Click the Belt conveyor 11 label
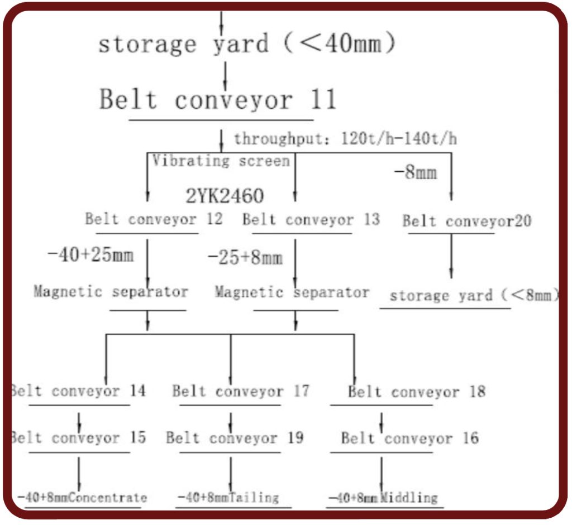(x=218, y=100)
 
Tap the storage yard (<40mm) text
(x=246, y=44)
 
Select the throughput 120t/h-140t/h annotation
(x=345, y=138)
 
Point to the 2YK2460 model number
(x=225, y=196)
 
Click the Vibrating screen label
(x=221, y=161)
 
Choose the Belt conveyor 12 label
(x=153, y=219)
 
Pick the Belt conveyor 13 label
(x=311, y=219)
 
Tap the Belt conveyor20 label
(x=467, y=221)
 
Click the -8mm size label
(x=415, y=172)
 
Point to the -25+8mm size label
(x=245, y=257)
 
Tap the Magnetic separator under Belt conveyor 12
(x=111, y=291)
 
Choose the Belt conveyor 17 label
(x=240, y=391)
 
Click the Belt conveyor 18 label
(x=416, y=392)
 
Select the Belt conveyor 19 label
(x=235, y=438)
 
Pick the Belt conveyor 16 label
(x=409, y=438)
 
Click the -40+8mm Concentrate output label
(x=82, y=497)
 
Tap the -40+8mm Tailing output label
(x=228, y=497)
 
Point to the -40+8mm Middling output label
(x=383, y=497)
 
